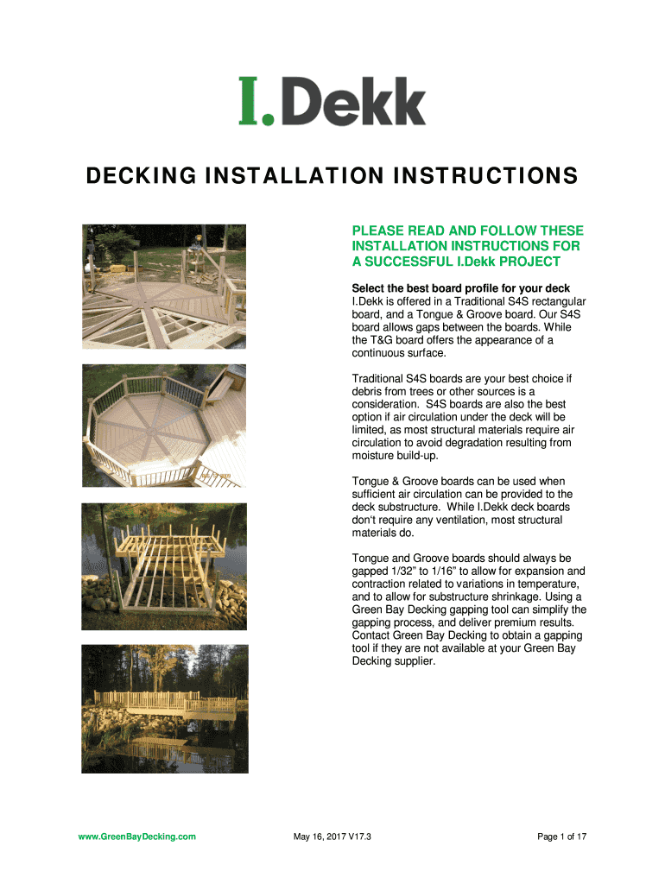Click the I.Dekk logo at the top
click(332, 102)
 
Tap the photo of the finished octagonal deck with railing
click(164, 426)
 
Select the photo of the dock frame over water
click(164, 566)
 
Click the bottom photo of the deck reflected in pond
click(164, 708)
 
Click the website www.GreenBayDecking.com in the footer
click(137, 837)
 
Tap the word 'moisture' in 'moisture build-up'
click(375, 456)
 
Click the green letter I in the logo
click(248, 100)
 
